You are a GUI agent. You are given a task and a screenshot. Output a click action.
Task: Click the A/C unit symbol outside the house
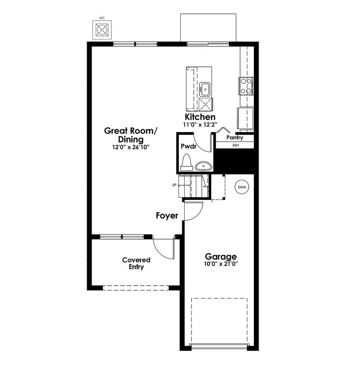tap(102, 29)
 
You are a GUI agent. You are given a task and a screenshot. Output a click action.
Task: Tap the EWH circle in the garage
tap(242, 187)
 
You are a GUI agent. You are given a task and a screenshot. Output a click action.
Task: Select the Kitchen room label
tap(200, 117)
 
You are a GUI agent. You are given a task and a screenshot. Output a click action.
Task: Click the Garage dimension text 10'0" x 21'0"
tap(221, 264)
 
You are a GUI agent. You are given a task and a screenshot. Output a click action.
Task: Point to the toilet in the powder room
tap(186, 162)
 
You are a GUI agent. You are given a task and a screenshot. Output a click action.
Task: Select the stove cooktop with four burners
tap(246, 86)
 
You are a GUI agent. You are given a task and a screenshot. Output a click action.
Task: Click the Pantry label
tap(235, 138)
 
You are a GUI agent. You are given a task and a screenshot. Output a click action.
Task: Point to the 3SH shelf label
tap(235, 146)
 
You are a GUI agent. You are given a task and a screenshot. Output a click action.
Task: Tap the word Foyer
tap(167, 216)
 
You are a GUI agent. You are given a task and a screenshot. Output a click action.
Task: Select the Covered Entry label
tap(136, 263)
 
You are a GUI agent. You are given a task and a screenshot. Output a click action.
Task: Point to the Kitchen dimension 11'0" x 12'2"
tap(200, 124)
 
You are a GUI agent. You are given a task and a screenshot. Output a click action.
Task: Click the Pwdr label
tap(188, 146)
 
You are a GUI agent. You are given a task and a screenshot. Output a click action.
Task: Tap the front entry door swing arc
tap(162, 249)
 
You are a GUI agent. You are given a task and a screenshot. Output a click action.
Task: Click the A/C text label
tap(102, 18)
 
